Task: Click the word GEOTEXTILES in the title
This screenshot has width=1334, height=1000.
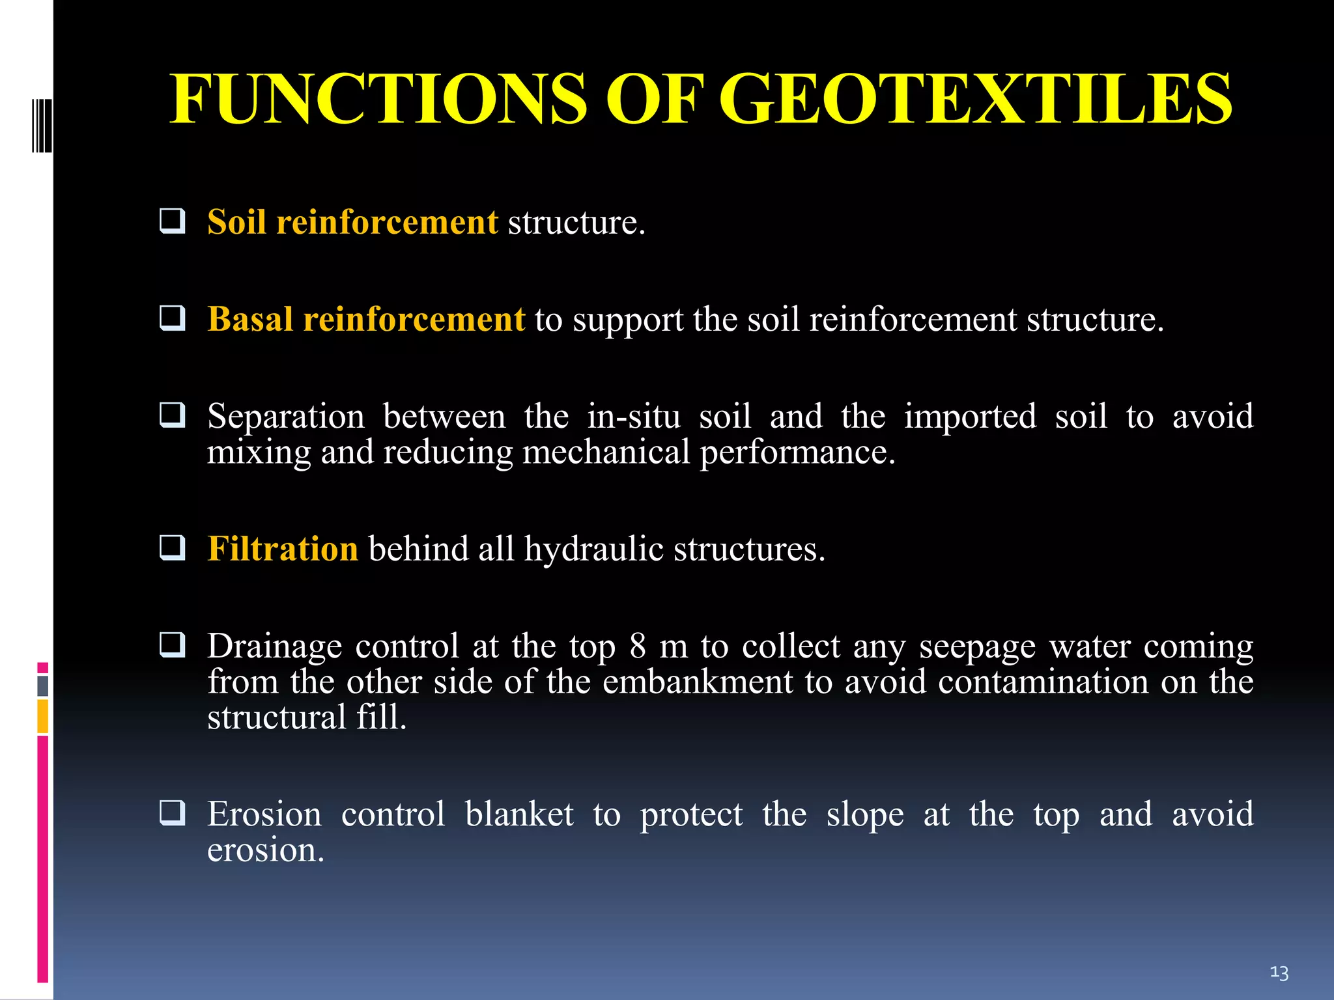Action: [x=975, y=100]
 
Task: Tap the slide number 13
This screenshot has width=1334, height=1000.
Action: [x=1279, y=973]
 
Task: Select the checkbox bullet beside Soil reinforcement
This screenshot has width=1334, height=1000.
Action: [x=173, y=221]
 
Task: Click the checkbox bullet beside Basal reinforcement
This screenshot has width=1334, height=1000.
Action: [x=173, y=318]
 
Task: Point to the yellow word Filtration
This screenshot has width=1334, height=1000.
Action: [x=283, y=549]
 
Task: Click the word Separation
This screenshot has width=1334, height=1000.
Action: [x=286, y=417]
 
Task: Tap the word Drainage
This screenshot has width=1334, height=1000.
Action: [x=274, y=646]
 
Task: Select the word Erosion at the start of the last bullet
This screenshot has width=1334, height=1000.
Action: [x=264, y=814]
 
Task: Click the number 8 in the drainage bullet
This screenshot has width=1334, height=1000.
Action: [x=638, y=646]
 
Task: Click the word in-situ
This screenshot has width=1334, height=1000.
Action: [x=634, y=417]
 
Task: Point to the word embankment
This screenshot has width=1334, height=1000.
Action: [x=698, y=682]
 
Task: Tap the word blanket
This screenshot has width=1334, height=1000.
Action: [x=519, y=814]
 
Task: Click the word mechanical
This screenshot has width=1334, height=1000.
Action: [x=606, y=452]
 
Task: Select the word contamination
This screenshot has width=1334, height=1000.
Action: [x=1043, y=682]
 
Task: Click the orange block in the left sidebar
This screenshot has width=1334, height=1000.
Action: [x=43, y=716]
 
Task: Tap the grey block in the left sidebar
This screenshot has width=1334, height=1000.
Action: [x=43, y=686]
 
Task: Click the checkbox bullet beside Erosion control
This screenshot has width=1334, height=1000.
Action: [x=173, y=813]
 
